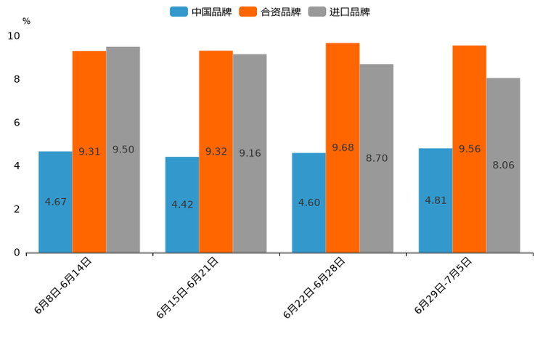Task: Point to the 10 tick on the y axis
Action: coord(14,36)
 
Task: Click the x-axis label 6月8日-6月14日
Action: coord(63,285)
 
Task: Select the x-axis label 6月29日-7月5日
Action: coord(443,285)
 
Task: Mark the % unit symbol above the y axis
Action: coord(26,21)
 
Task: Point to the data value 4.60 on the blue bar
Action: coord(308,202)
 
